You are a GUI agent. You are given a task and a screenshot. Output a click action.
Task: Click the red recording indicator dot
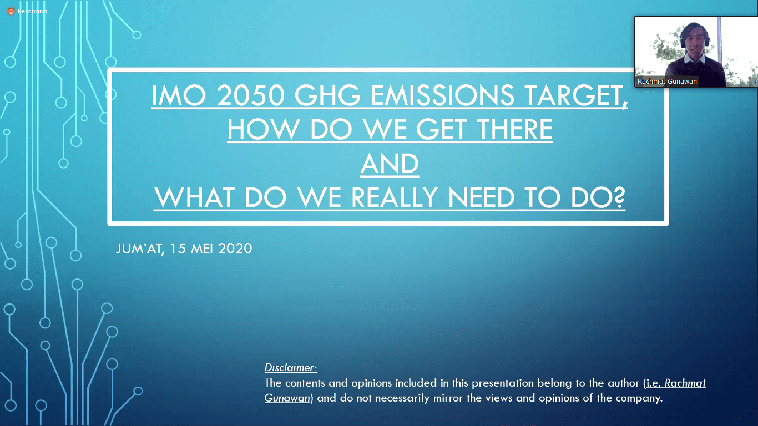(x=11, y=11)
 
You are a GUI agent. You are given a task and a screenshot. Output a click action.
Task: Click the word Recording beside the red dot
(x=32, y=11)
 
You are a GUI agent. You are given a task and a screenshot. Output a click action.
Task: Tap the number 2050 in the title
(x=250, y=95)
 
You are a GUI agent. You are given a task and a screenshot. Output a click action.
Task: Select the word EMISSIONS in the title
(x=443, y=95)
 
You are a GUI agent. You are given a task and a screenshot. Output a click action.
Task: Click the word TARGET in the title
(x=572, y=95)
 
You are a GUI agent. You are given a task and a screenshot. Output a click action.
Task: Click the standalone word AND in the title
(x=390, y=164)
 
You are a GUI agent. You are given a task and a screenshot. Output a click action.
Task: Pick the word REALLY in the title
(x=395, y=197)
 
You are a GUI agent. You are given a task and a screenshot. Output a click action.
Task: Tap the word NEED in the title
(x=481, y=197)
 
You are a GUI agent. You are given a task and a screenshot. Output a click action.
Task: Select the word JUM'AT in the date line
(x=140, y=248)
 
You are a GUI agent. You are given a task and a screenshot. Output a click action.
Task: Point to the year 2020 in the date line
(x=235, y=248)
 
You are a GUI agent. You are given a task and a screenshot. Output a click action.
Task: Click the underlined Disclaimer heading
(x=291, y=367)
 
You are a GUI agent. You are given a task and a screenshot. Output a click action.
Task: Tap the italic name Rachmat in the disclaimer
(x=685, y=383)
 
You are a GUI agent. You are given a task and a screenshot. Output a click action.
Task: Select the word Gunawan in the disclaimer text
(x=287, y=398)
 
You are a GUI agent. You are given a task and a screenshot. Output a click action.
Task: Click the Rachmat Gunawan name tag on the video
(x=667, y=81)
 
